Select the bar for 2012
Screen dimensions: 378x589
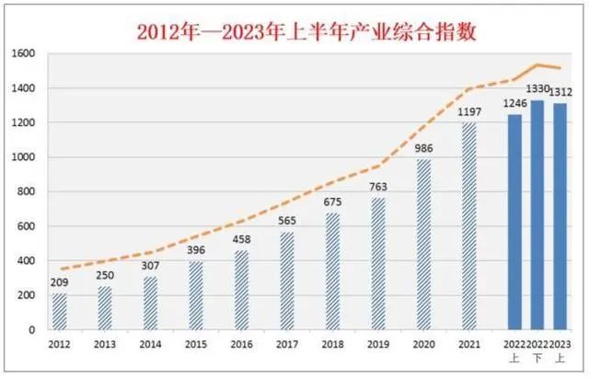[x=60, y=311]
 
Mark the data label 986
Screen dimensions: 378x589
[x=424, y=149]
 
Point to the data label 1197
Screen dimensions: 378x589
[x=470, y=112]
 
